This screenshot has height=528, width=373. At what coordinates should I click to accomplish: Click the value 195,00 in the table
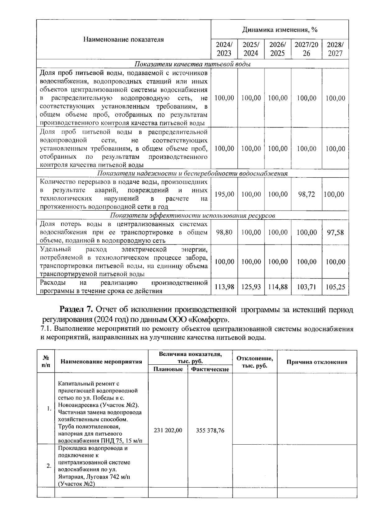[x=224, y=194]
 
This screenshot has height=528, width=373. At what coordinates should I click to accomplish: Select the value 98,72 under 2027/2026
[x=306, y=194]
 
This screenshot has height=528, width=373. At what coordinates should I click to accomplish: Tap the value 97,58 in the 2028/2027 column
[x=335, y=232]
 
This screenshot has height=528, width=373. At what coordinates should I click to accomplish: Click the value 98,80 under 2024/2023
[x=224, y=232]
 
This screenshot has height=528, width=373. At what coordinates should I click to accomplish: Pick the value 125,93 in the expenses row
[x=251, y=287]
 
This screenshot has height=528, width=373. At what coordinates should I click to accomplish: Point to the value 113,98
[x=224, y=287]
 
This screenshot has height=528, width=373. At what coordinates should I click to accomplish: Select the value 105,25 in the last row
[x=335, y=287]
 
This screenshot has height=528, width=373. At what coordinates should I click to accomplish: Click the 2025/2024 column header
[x=251, y=49]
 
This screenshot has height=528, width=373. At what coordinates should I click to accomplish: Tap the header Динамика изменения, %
[x=279, y=30]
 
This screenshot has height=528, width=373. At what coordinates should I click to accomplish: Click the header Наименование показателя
[x=123, y=40]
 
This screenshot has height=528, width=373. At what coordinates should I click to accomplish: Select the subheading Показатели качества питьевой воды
[x=192, y=64]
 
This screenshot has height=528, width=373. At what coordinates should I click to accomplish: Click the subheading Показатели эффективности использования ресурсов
[x=192, y=216]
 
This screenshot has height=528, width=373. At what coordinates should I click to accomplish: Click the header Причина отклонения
[x=316, y=362]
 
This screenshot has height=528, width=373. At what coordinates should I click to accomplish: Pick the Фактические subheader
[x=210, y=369]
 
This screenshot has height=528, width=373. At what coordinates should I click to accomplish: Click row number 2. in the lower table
[x=48, y=466]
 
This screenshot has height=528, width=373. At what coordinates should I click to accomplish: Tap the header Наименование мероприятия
[x=101, y=362]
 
